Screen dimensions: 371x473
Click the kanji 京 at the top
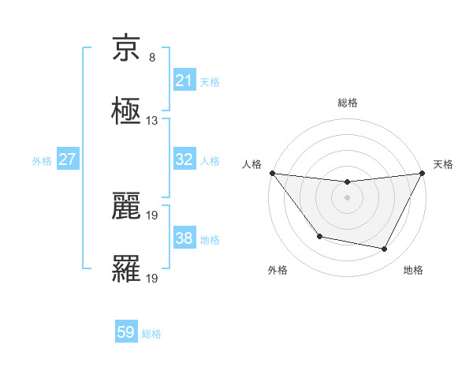click(126, 50)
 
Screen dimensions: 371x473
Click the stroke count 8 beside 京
click(151, 58)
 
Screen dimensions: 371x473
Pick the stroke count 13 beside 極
click(151, 121)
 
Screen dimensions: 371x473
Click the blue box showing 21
click(184, 80)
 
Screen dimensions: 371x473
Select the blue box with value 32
click(184, 159)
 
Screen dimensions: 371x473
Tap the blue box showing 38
click(184, 238)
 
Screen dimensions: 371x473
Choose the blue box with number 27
click(67, 159)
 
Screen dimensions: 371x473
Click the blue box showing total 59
click(126, 332)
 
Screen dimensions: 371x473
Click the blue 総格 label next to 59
click(151, 334)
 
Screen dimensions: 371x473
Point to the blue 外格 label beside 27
click(42, 161)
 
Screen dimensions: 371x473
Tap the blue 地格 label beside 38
click(210, 240)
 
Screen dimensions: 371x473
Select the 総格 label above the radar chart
click(347, 103)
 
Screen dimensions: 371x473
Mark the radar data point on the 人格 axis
click(272, 173)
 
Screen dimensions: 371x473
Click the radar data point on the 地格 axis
click(385, 249)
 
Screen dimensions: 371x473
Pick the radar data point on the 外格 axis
click(319, 236)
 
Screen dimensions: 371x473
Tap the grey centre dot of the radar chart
click(347, 197)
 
